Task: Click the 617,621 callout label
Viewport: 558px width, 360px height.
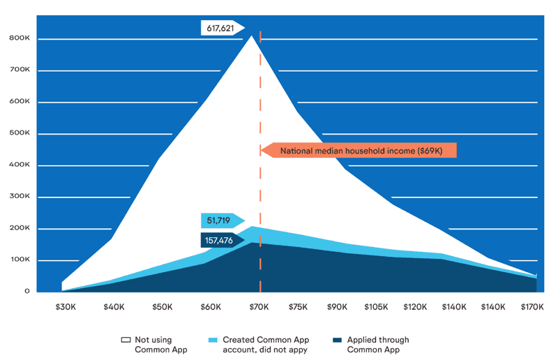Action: (x=220, y=29)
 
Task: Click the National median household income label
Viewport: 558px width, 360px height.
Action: (x=361, y=151)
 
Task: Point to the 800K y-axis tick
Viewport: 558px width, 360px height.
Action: (x=20, y=39)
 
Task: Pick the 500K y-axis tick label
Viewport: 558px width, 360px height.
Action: (x=20, y=134)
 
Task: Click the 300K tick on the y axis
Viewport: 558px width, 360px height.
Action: (x=20, y=197)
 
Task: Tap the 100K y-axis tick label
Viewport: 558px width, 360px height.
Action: (x=20, y=260)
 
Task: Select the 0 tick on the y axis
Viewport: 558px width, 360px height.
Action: (x=27, y=291)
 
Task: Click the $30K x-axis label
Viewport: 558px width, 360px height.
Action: (x=66, y=306)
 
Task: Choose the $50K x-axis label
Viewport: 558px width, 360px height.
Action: (x=163, y=306)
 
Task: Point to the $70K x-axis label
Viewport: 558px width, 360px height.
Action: (x=260, y=306)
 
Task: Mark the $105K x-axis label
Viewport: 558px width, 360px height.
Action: (x=377, y=306)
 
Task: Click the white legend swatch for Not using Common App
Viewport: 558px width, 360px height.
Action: (x=126, y=340)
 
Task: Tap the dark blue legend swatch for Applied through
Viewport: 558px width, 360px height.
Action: (x=337, y=340)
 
